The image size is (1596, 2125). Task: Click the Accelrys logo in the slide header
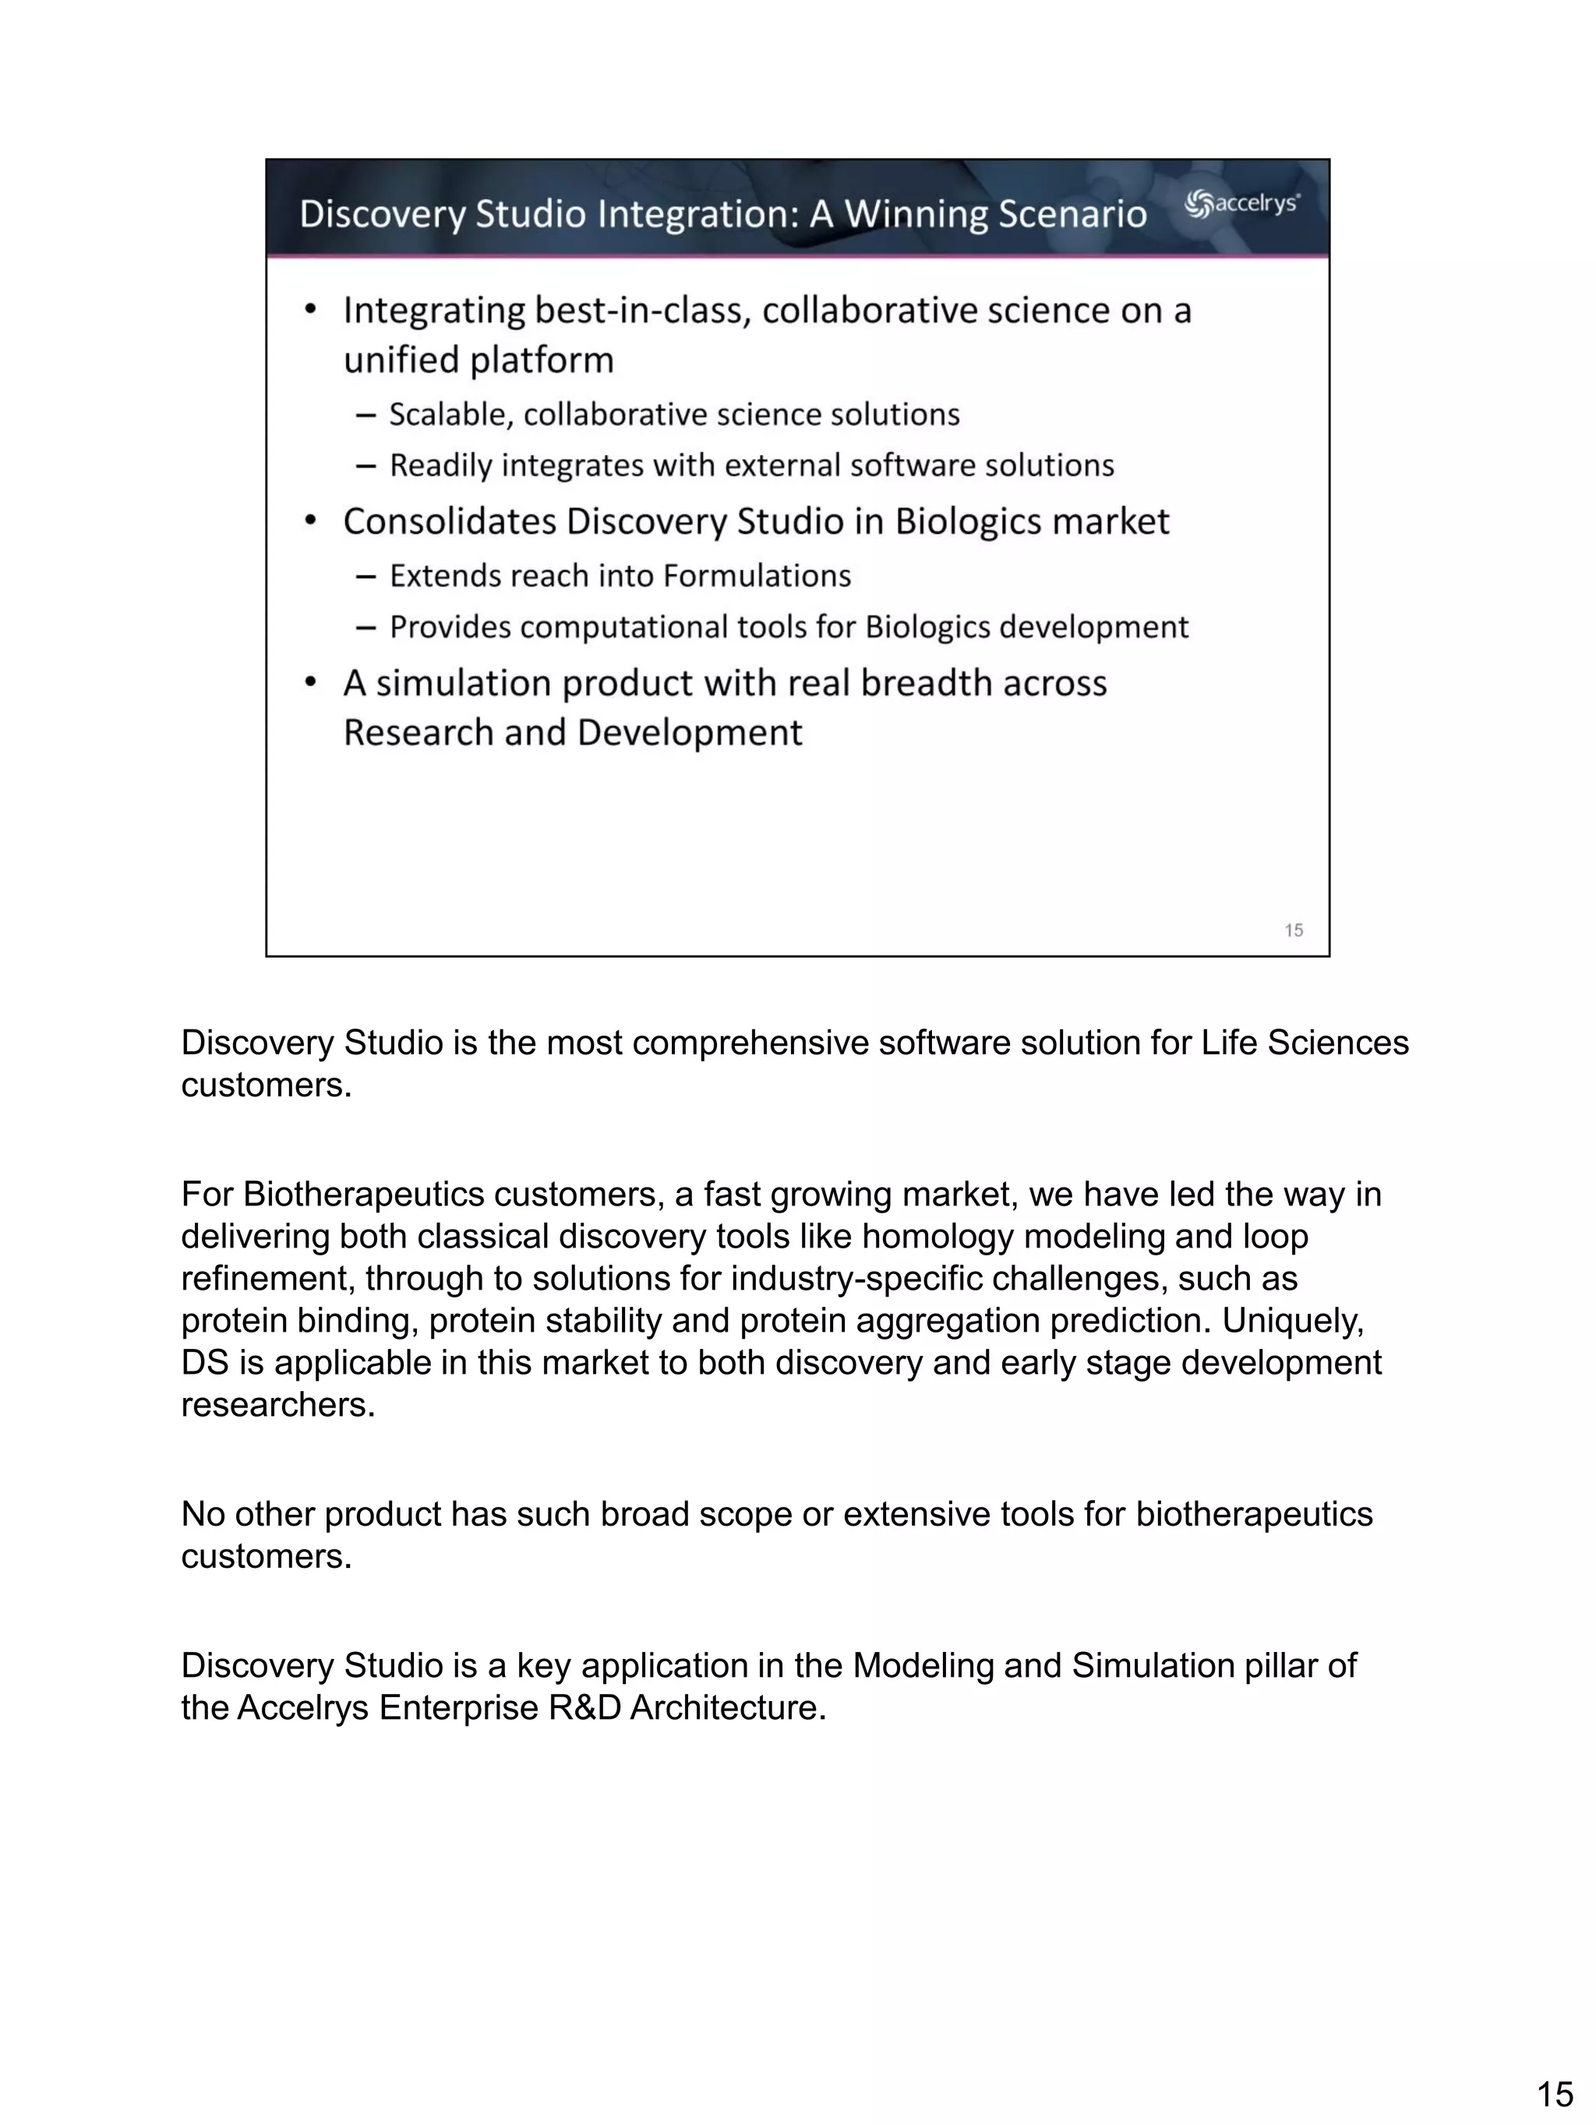pyautogui.click(x=1241, y=203)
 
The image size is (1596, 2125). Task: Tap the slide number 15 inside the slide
pyautogui.click(x=1294, y=930)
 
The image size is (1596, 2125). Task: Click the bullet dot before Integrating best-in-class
pyautogui.click(x=309, y=309)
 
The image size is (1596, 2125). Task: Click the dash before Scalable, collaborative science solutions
pyautogui.click(x=365, y=415)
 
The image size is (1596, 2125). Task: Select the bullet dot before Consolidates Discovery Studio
pyautogui.click(x=309, y=520)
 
